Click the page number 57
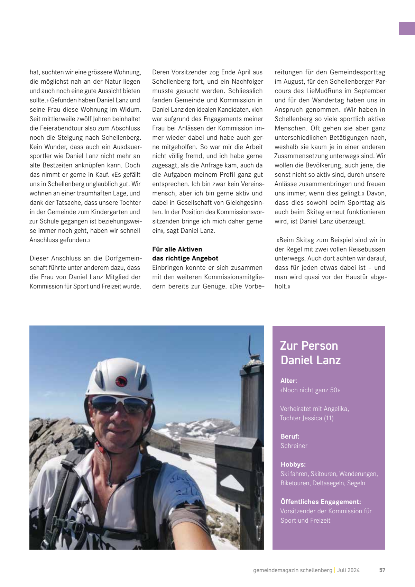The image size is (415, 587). pos(382,570)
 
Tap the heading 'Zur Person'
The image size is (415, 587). pos(309,346)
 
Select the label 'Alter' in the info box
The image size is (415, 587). pos(288,380)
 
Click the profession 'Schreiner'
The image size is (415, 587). pos(294,446)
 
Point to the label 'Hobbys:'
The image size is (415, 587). pos(293,464)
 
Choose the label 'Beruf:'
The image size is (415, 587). pos(290,436)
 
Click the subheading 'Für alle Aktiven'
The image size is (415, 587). pos(177,249)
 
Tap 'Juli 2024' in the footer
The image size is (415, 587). pos(348,570)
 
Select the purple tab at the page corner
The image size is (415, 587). pos(407,28)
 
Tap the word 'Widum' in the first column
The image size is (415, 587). pos(130,110)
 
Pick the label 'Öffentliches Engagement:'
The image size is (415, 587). pos(321,502)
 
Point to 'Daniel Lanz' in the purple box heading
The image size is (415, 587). pos(311,360)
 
